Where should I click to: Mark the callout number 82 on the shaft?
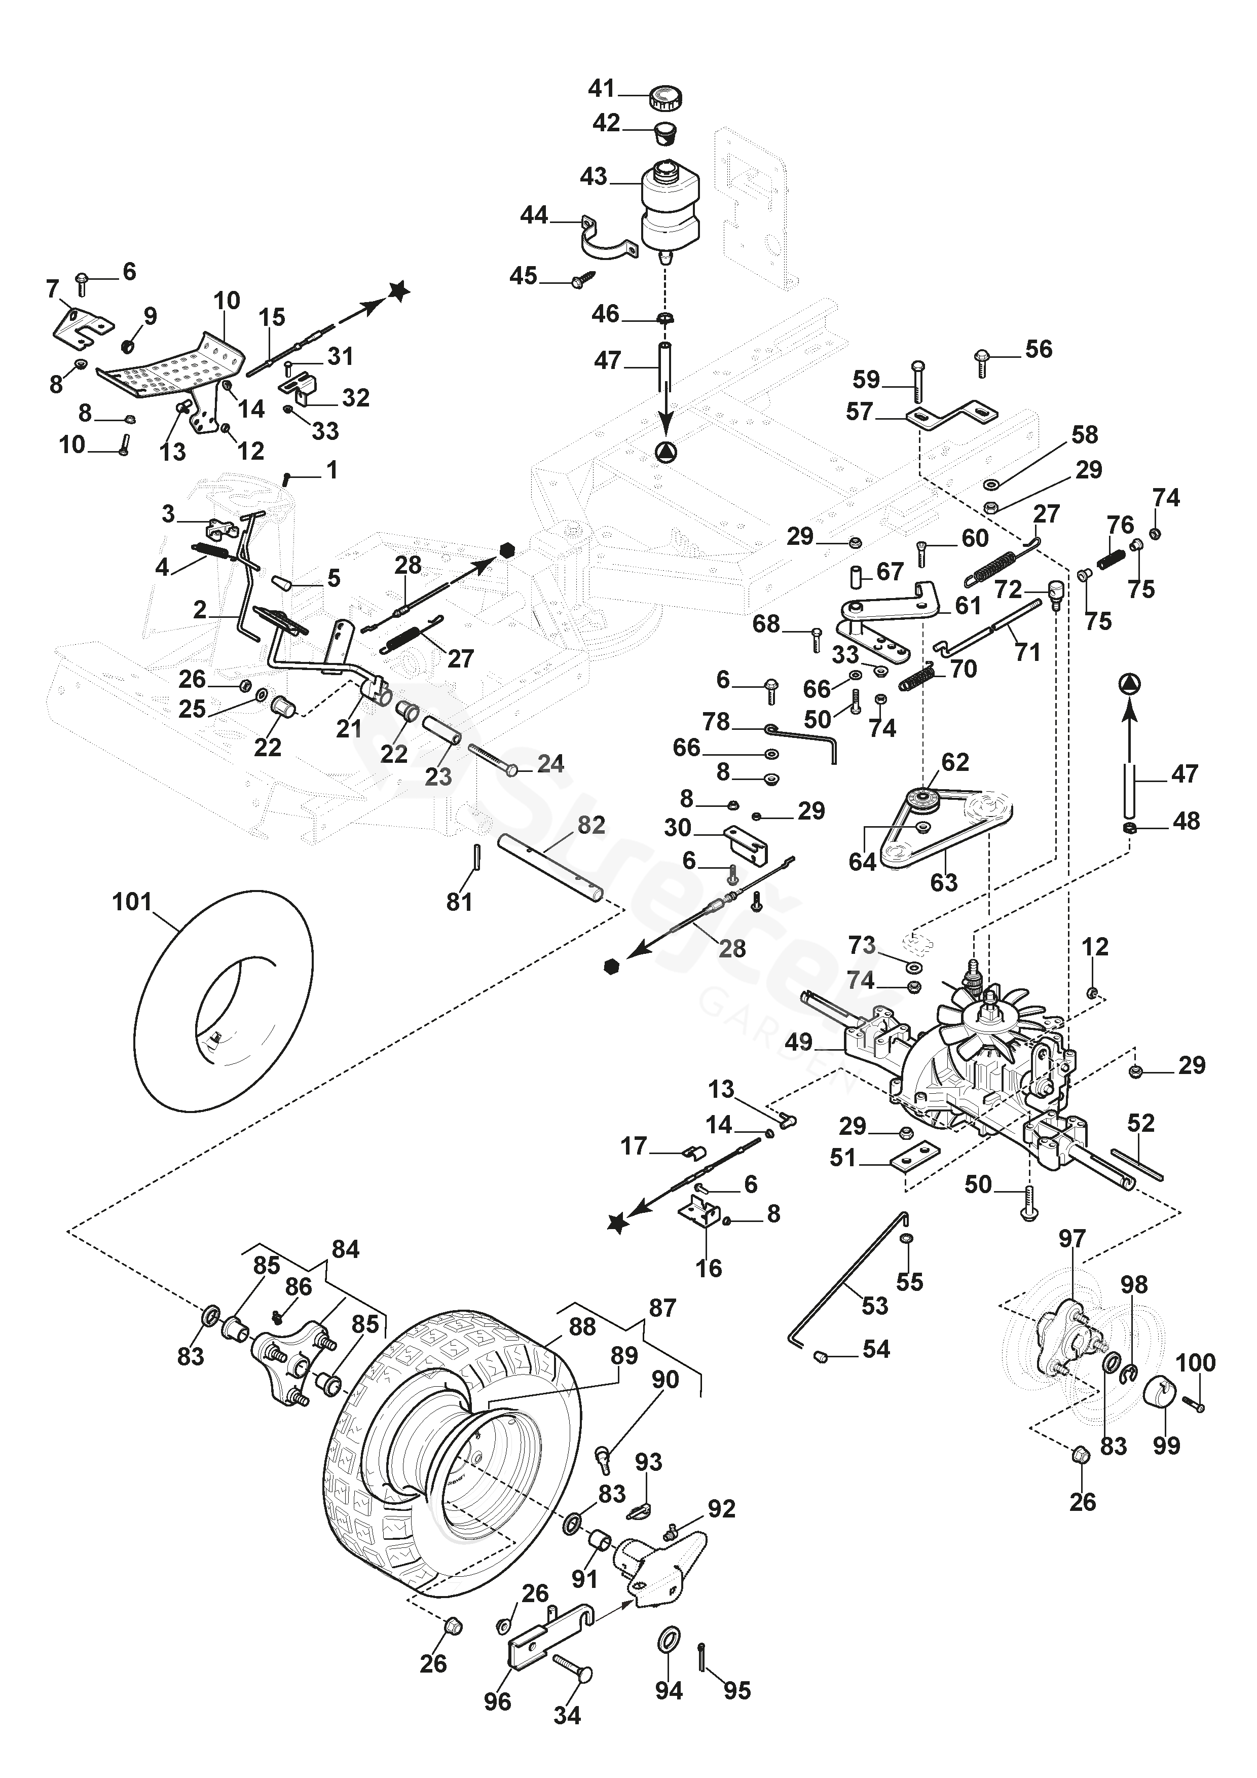pyautogui.click(x=591, y=826)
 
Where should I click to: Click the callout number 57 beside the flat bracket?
pyautogui.click(x=860, y=411)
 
